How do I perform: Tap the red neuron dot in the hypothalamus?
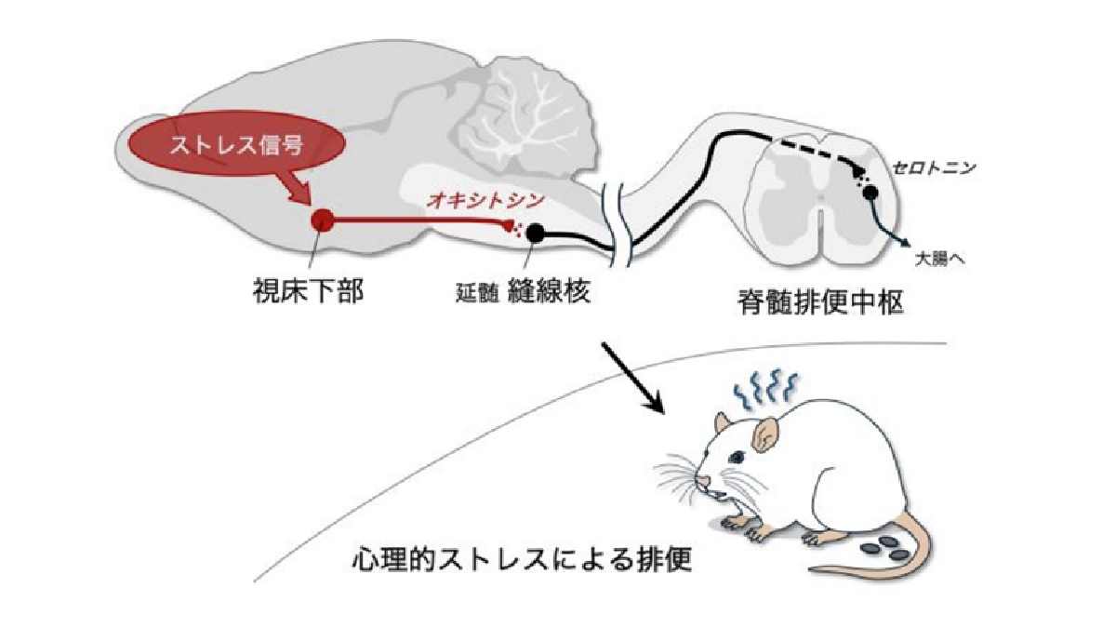[x=322, y=220]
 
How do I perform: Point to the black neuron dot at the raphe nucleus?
[x=537, y=233]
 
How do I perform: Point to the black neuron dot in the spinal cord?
[x=870, y=193]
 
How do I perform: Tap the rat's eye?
[x=736, y=457]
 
